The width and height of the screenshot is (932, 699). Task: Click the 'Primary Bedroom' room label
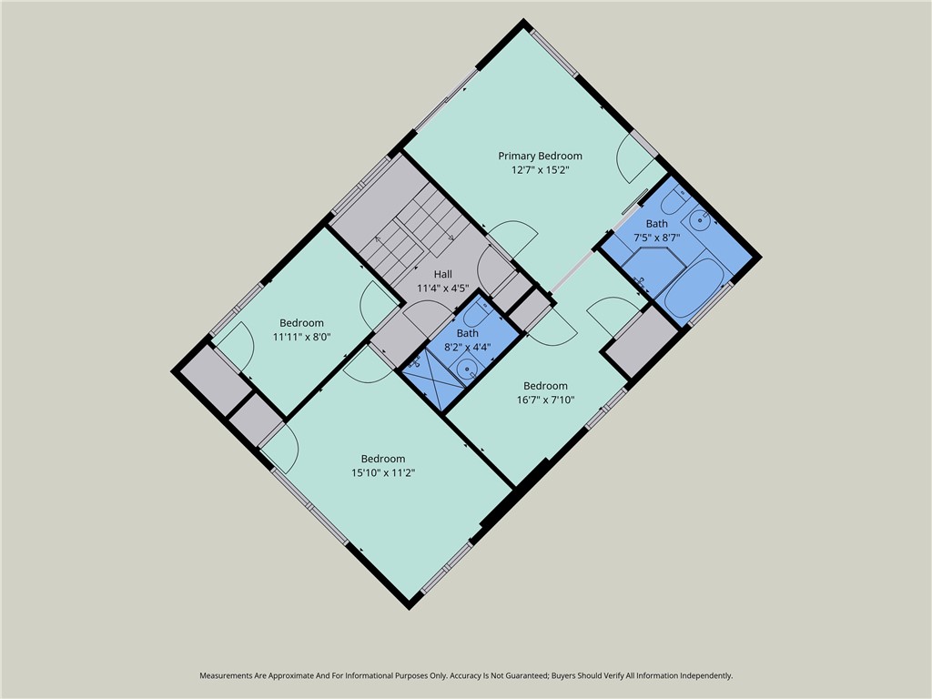pos(540,156)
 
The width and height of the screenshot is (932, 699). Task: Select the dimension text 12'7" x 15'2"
pos(540,169)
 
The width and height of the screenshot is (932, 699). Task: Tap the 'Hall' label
pos(442,274)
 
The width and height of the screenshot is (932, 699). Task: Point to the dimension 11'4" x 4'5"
pos(442,288)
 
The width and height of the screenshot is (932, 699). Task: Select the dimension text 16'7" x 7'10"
pos(545,399)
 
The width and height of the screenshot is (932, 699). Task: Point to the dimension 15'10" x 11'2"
pos(383,472)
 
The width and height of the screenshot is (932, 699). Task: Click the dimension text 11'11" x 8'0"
pos(301,337)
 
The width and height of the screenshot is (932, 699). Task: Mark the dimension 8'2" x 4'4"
pos(467,347)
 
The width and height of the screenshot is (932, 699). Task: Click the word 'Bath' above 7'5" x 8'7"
pos(656,223)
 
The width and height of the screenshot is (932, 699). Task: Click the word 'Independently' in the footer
pos(702,676)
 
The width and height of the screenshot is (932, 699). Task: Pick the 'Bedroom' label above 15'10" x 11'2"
pos(383,459)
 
